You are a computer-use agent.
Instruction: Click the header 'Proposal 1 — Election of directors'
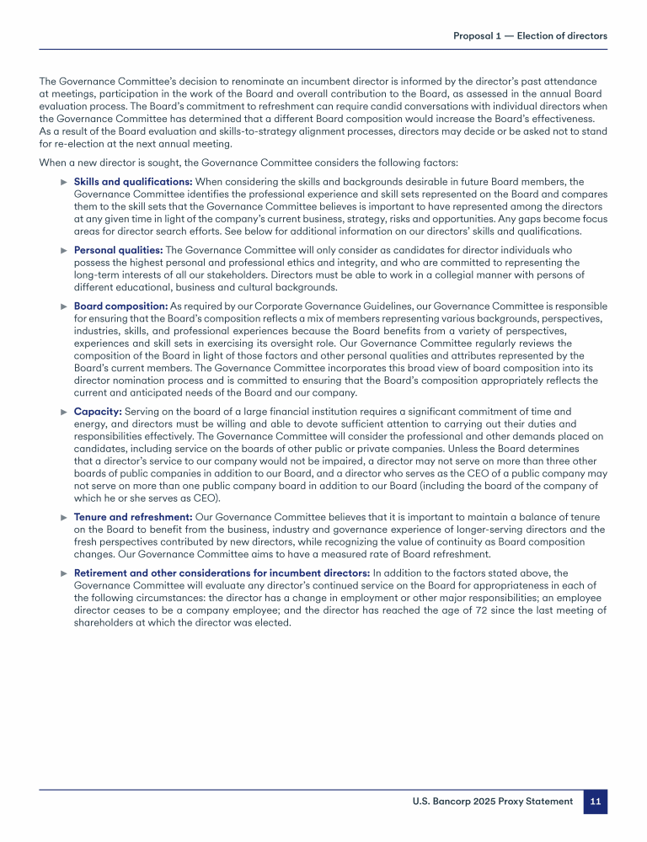pyautogui.click(x=530, y=35)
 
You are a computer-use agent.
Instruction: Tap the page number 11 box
pyautogui.click(x=595, y=802)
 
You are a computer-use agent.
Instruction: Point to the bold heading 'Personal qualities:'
pyautogui.click(x=118, y=250)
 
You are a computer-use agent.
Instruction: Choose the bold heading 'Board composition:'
pyautogui.click(x=121, y=306)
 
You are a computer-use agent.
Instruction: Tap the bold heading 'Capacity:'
pyautogui.click(x=98, y=411)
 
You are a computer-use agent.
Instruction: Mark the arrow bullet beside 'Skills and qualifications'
pyautogui.click(x=64, y=182)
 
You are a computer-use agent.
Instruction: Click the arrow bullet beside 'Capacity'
pyautogui.click(x=64, y=411)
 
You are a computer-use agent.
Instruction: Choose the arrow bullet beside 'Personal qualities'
pyautogui.click(x=64, y=250)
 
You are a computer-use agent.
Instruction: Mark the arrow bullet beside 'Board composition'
pyautogui.click(x=64, y=306)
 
